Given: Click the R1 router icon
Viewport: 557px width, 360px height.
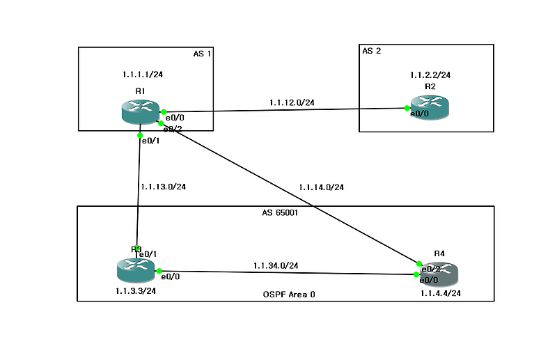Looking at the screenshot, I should pyautogui.click(x=140, y=112).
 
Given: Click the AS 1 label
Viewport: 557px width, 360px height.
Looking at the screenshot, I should pyautogui.click(x=201, y=54).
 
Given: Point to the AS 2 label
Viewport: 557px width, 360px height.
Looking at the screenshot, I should pyautogui.click(x=372, y=51).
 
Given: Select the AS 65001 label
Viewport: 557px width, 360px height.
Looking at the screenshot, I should pyautogui.click(x=275, y=213).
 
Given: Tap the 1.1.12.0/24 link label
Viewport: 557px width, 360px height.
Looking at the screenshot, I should pyautogui.click(x=292, y=102).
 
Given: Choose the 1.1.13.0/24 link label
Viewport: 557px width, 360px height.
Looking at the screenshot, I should pyautogui.click(x=162, y=187).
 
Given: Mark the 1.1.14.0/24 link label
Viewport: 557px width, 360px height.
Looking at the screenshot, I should pyautogui.click(x=321, y=187).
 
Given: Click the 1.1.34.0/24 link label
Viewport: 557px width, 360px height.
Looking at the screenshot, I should pyautogui.click(x=276, y=265).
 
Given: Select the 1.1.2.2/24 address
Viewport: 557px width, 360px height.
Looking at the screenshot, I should pyautogui.click(x=430, y=73).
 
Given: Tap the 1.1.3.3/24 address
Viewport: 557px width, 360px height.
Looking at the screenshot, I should pyautogui.click(x=136, y=291).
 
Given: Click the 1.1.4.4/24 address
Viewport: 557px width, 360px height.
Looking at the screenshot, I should pyautogui.click(x=440, y=294).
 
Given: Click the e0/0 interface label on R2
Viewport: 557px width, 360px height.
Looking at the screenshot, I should pyautogui.click(x=419, y=114).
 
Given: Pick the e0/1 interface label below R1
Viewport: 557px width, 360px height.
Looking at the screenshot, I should pyautogui.click(x=150, y=141).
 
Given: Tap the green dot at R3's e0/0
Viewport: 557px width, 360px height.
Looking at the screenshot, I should pyautogui.click(x=159, y=271).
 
